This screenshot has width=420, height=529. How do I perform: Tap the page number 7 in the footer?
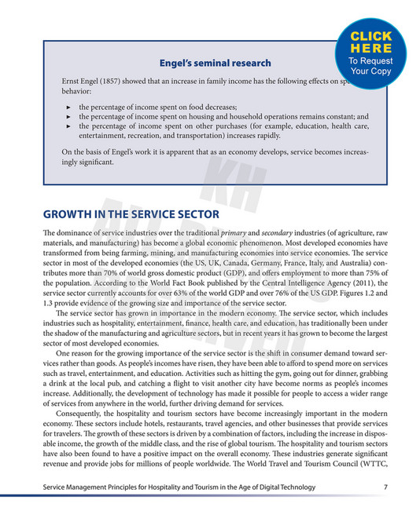pos(385,487)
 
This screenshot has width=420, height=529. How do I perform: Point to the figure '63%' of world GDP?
pos(192,291)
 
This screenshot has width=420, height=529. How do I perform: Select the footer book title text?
pos(179,487)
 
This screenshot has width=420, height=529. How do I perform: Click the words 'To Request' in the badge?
pos(376,60)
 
